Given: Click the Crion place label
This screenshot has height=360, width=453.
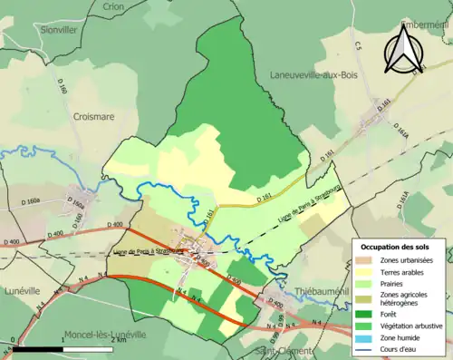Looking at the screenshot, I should tap(114, 6).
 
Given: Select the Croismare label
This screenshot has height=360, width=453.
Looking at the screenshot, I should tap(95, 117).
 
